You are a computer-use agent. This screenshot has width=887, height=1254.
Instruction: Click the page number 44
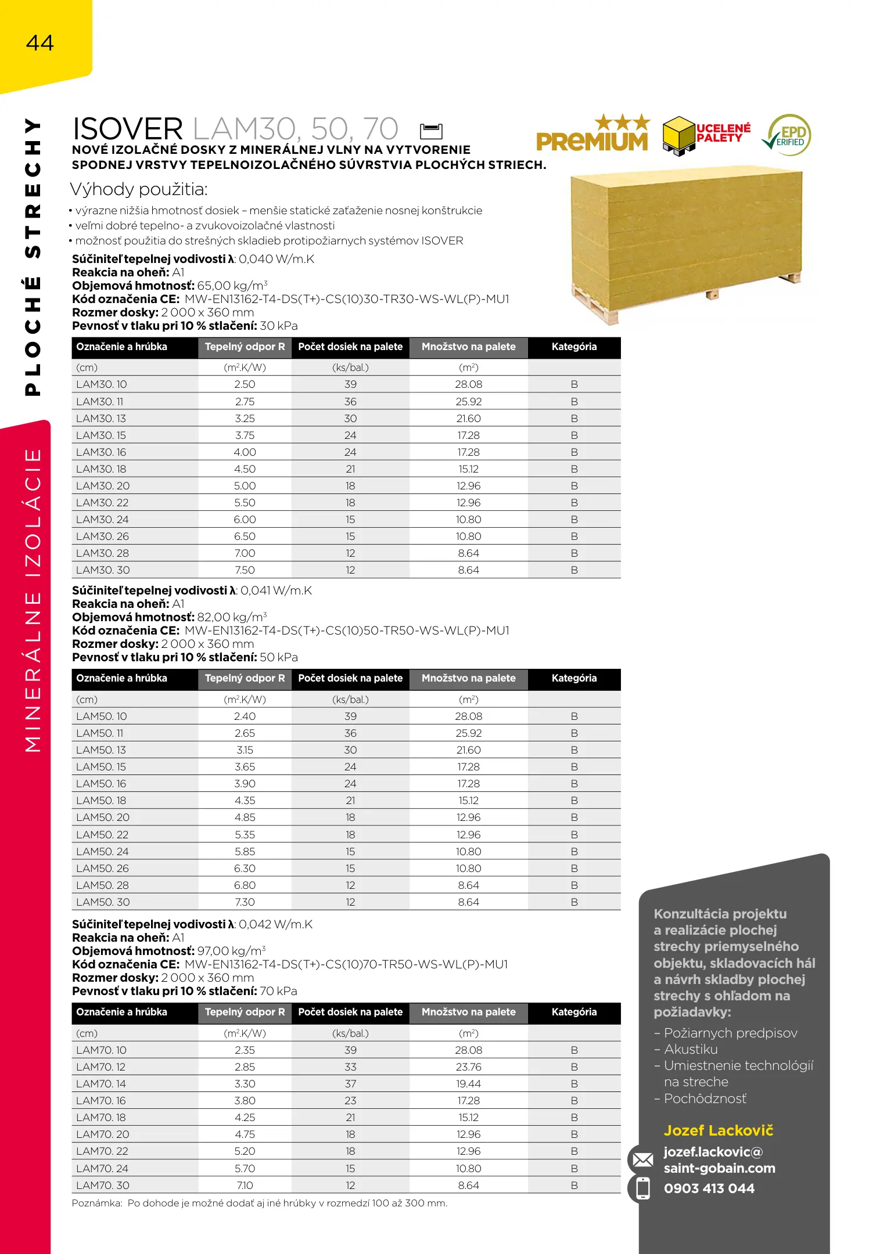point(39,43)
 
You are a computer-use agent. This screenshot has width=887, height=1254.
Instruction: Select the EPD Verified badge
point(788,135)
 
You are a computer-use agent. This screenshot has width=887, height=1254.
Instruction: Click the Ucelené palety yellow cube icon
point(678,135)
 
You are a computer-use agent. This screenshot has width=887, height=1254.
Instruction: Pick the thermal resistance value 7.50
point(245,570)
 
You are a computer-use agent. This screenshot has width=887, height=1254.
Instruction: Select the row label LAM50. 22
point(102,835)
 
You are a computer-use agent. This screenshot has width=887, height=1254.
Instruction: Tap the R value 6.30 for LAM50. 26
point(245,869)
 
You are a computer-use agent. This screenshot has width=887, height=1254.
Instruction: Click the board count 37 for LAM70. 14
point(350,1084)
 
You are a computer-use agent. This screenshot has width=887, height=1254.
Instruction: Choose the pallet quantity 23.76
point(468,1067)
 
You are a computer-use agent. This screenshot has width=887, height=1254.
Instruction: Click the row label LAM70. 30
point(103,1185)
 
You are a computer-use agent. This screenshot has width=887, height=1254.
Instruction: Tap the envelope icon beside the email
point(642,1160)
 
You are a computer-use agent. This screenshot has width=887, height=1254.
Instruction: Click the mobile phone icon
point(642,1188)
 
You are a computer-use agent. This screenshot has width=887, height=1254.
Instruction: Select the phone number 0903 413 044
point(709,1188)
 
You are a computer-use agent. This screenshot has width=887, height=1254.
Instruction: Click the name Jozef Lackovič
point(719,1131)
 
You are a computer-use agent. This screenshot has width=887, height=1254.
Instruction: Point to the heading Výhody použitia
point(138,189)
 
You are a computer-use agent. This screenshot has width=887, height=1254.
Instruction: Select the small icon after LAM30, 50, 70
point(431,131)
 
